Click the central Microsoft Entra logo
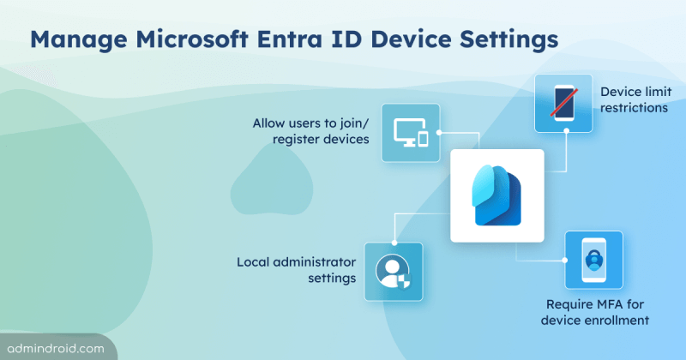click(x=497, y=196)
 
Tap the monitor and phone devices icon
click(x=410, y=133)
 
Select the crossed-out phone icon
click(x=563, y=104)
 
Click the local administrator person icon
click(x=393, y=271)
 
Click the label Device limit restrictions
click(x=635, y=99)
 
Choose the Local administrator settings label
click(x=296, y=269)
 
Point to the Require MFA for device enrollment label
click(x=597, y=312)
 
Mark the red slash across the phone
click(x=563, y=104)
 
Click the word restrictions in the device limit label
click(x=635, y=108)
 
